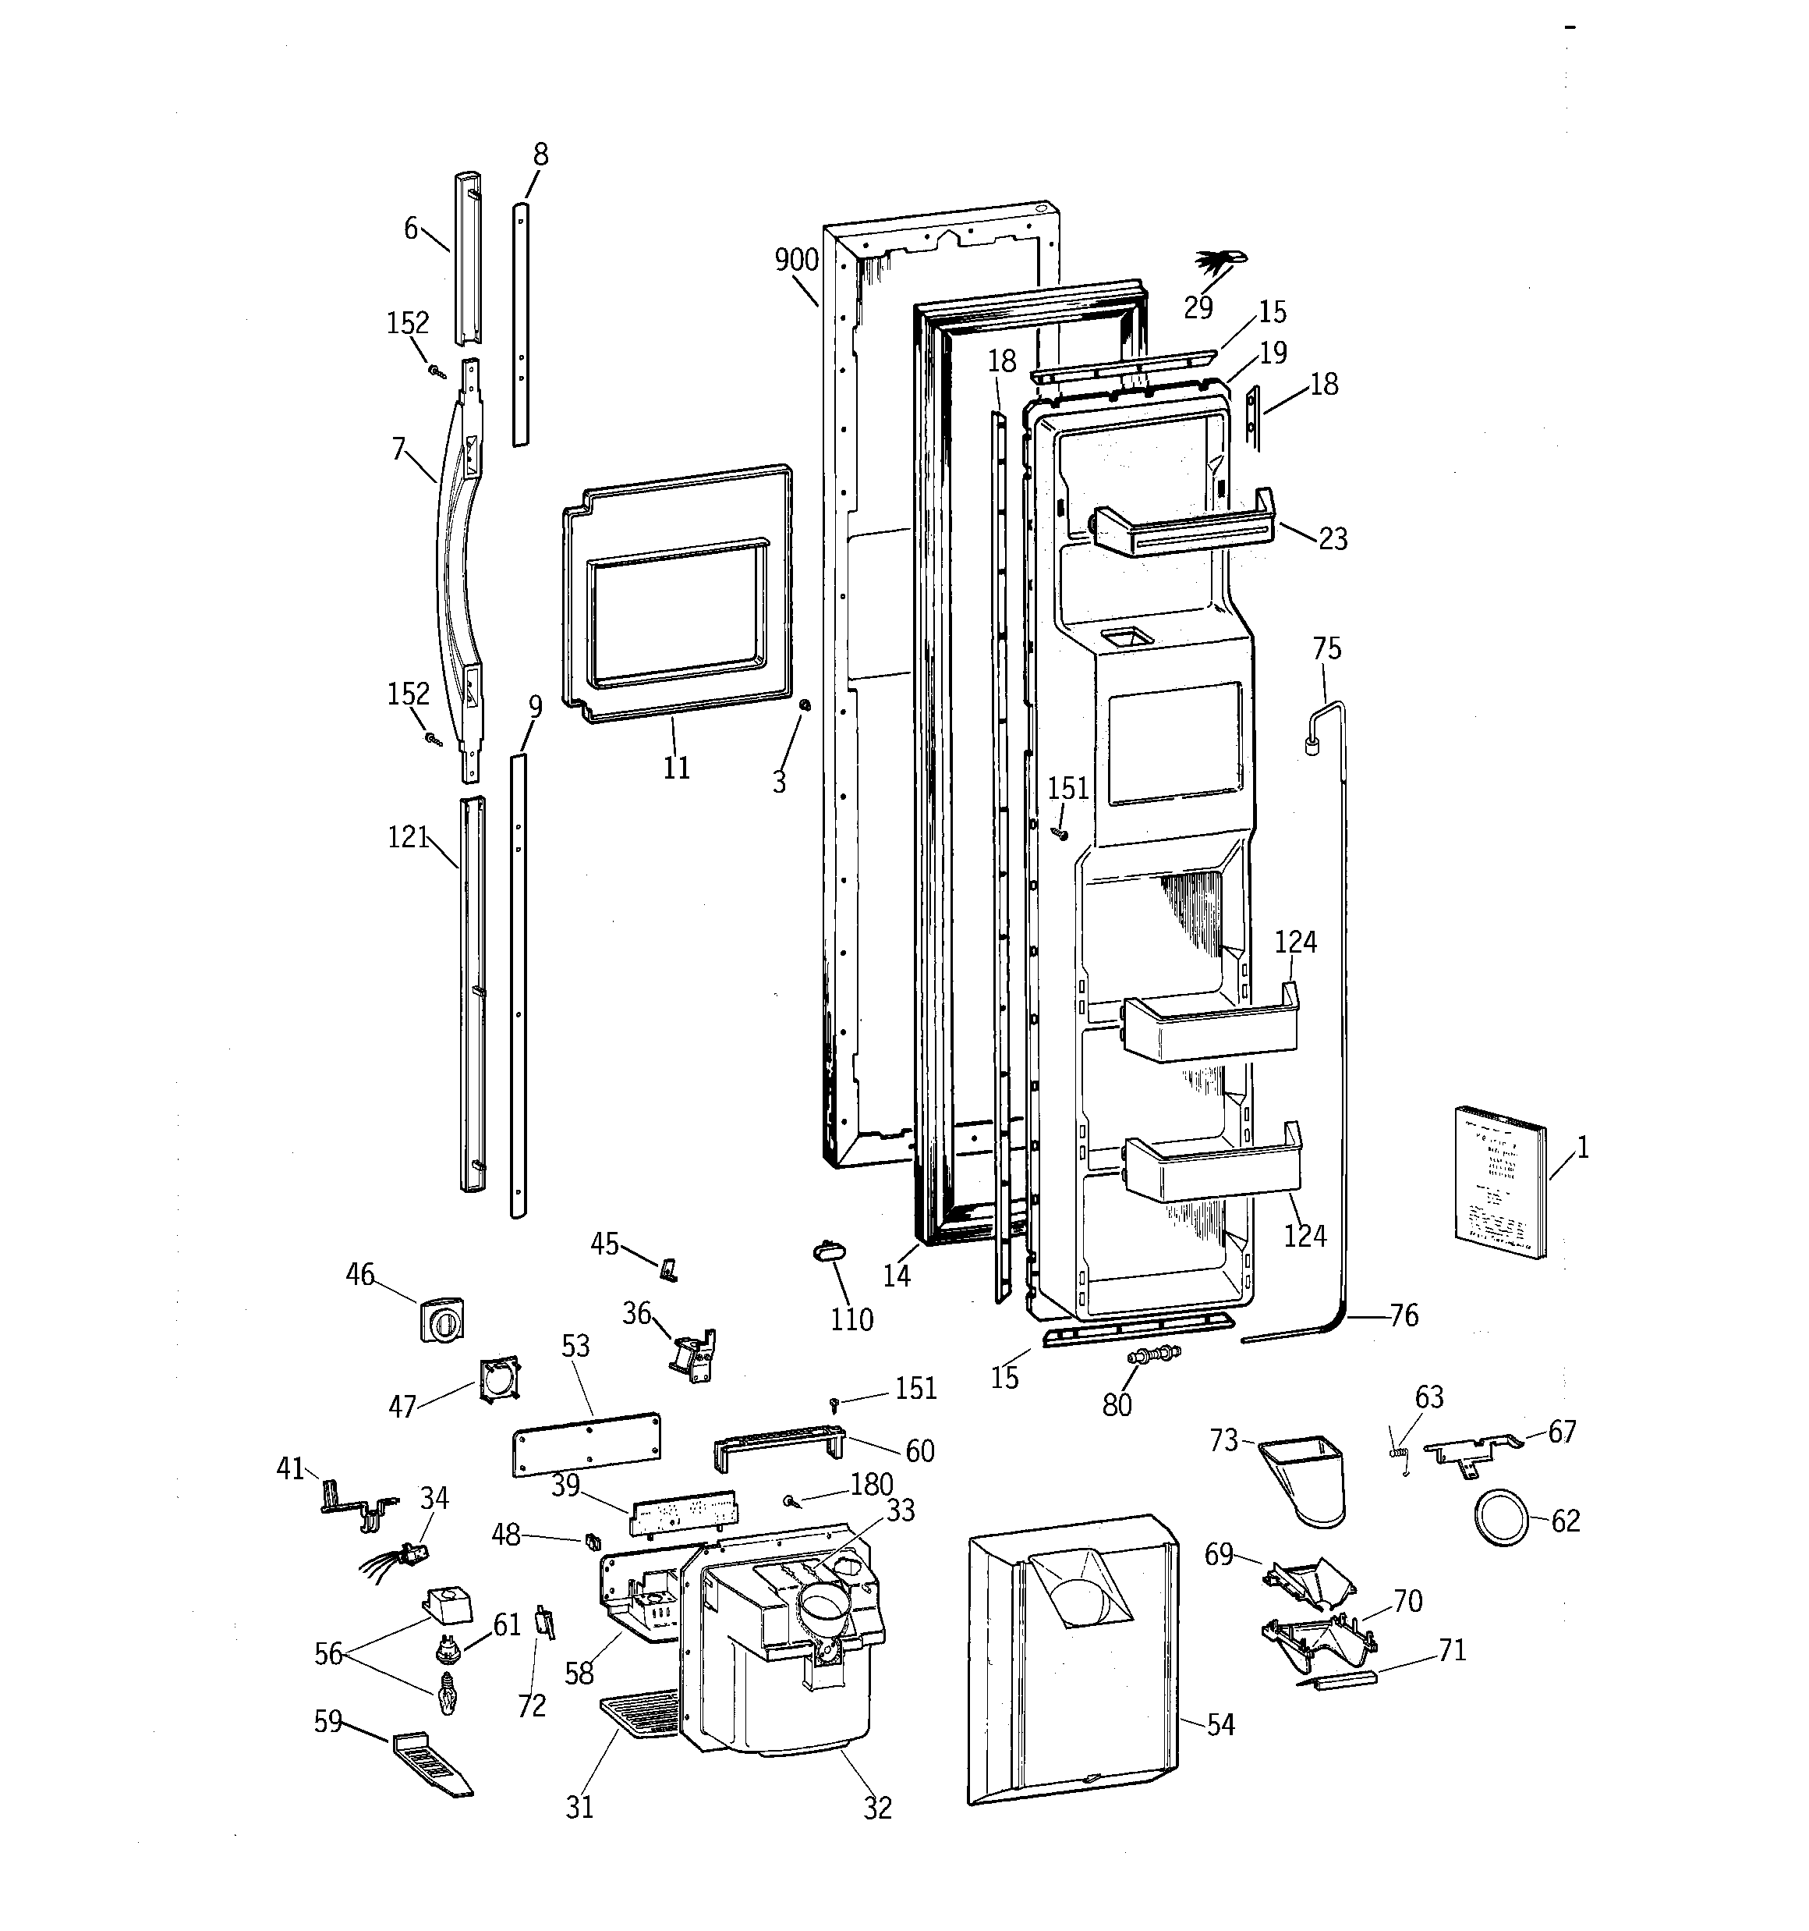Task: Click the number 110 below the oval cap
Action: (851, 1319)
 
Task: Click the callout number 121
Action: (408, 837)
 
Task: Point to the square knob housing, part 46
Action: (442, 1320)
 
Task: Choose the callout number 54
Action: (1220, 1724)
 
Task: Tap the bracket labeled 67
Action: (1469, 1449)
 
